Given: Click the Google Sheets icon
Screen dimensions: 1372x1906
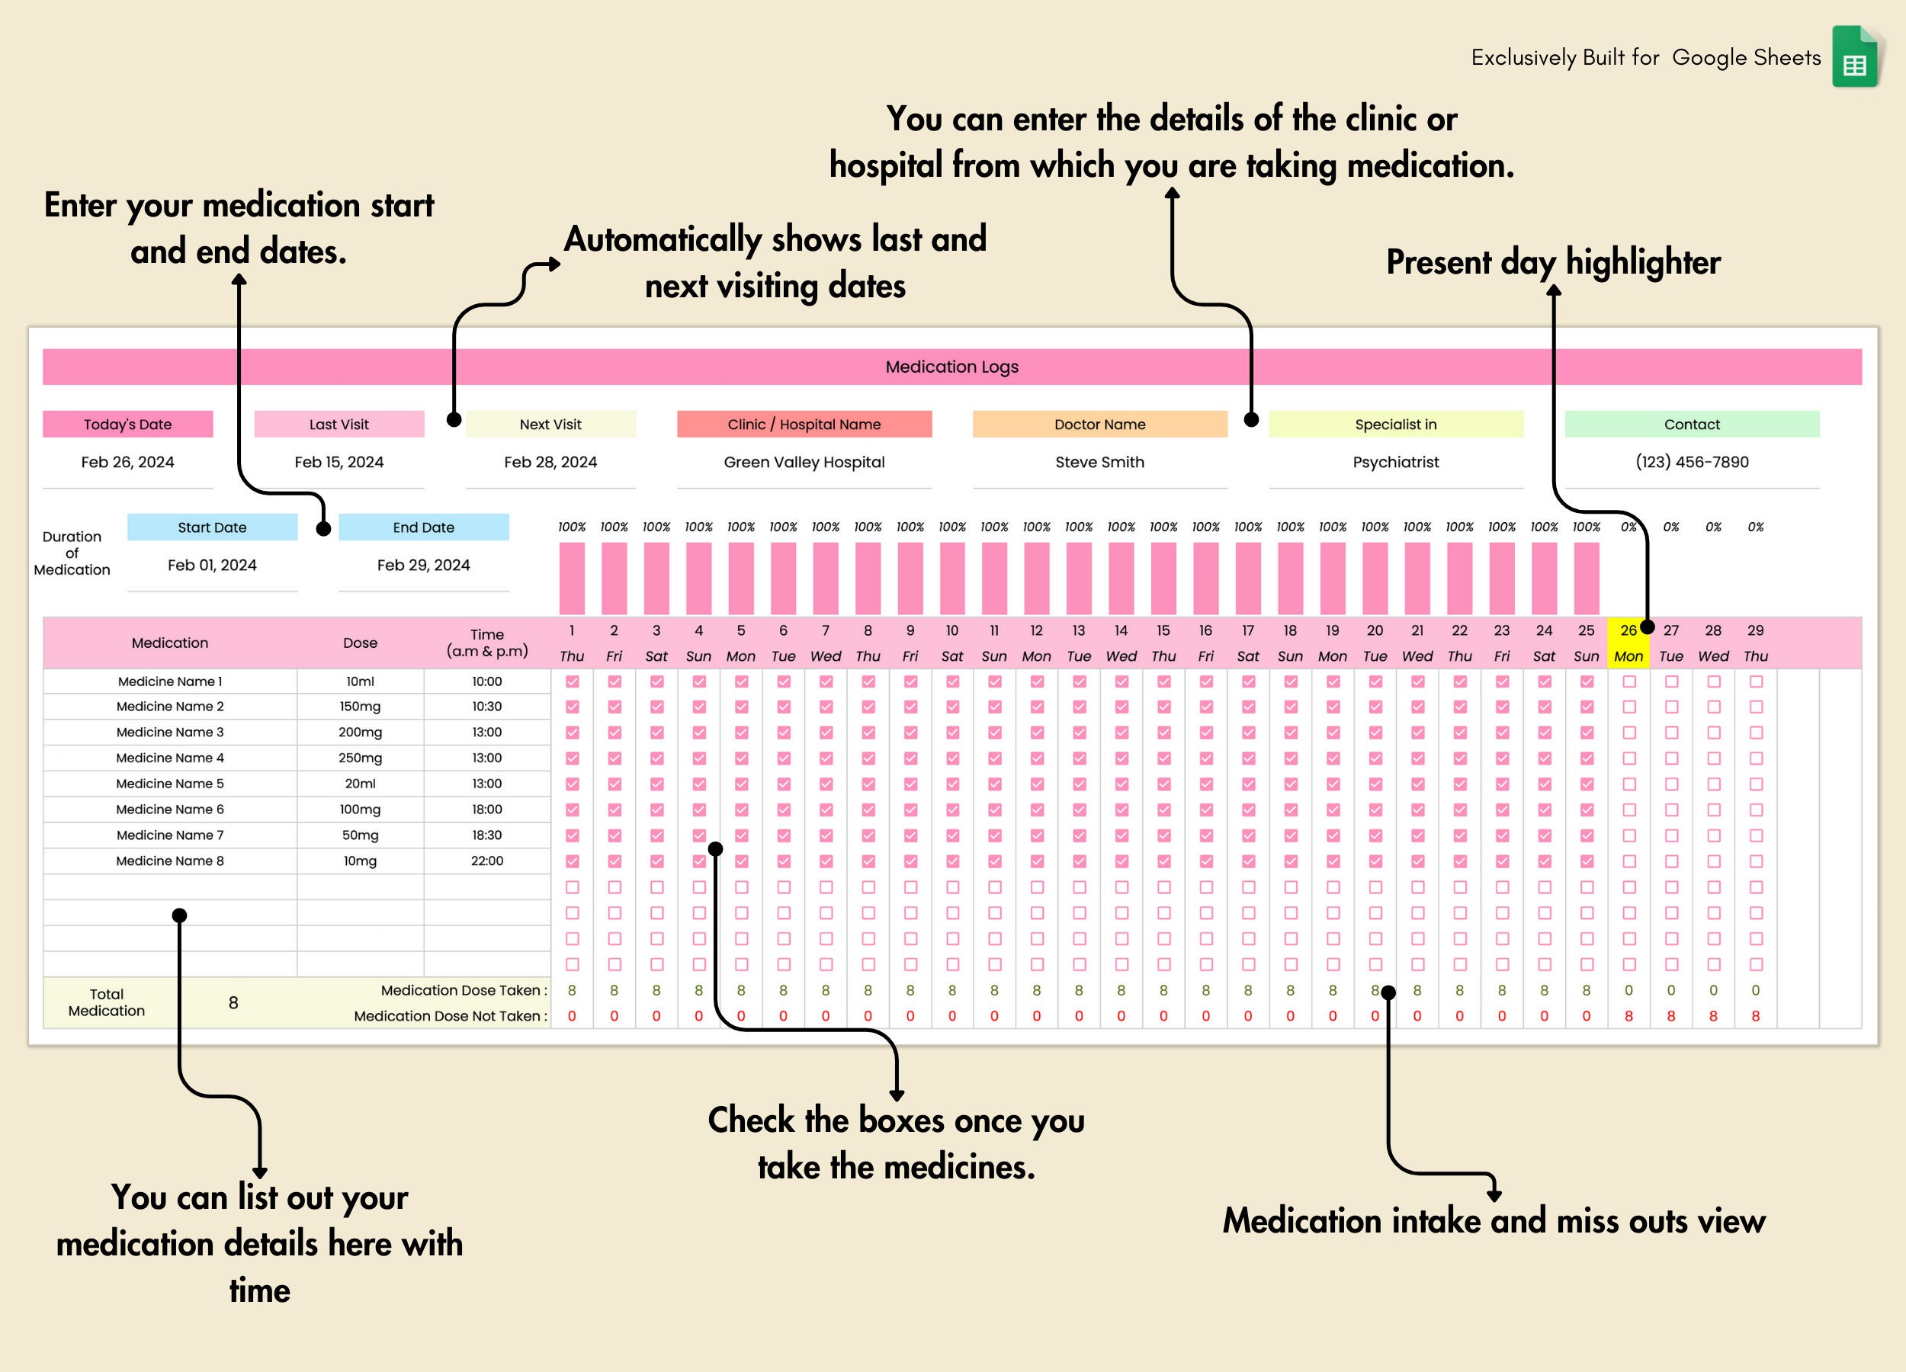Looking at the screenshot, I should point(1854,57).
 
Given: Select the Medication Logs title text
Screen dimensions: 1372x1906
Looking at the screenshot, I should point(951,367).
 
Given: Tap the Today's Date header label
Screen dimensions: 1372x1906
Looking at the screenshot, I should point(128,425).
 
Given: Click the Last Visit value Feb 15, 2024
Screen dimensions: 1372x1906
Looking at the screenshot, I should point(339,462).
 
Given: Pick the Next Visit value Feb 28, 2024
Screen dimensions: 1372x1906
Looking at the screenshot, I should point(550,462).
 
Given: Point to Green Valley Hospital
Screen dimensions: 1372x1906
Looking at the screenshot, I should point(804,462).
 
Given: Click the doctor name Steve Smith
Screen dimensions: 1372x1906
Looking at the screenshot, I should point(1099,462).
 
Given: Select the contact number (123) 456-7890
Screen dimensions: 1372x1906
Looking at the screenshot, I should point(1692,462).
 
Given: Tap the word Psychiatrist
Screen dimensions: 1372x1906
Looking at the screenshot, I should point(1395,462).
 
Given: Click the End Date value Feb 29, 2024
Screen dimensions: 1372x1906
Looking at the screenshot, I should point(424,566).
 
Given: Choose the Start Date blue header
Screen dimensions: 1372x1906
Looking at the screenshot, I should point(212,527).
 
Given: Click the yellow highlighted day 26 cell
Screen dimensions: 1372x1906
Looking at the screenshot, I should point(1628,643).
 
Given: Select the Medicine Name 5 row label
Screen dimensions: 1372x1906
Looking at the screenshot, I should point(170,784).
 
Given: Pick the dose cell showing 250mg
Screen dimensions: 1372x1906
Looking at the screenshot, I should point(360,758).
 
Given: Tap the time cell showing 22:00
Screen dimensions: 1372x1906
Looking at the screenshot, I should point(486,861).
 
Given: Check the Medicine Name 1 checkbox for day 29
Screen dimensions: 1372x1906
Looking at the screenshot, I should point(1756,681).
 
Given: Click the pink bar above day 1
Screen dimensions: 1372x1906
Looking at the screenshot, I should point(572,578).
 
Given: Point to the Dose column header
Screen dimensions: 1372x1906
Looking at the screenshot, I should point(360,643).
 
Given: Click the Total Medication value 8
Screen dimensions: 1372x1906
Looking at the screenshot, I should point(233,1003).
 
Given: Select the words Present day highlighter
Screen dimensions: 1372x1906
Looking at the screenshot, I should point(1553,262).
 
